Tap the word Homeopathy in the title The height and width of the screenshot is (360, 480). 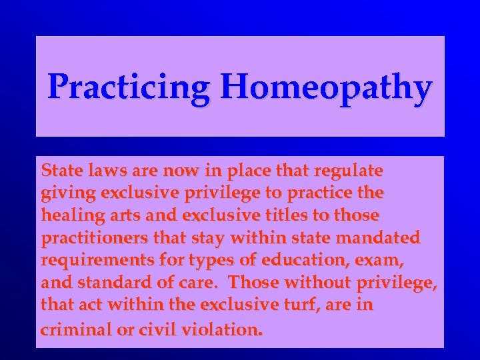pos(327,88)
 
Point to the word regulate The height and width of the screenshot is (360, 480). pos(350,171)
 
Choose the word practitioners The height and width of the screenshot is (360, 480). pos(95,238)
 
